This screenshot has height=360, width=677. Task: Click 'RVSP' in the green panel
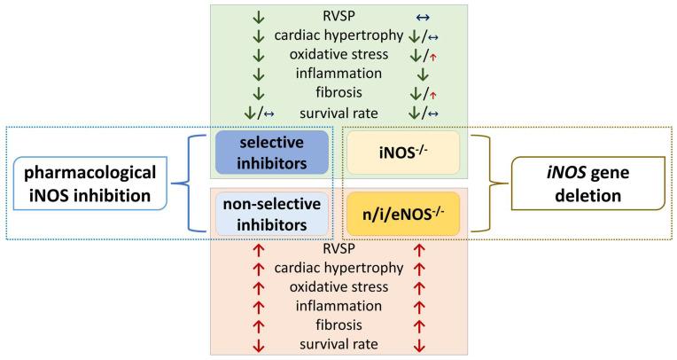[338, 15]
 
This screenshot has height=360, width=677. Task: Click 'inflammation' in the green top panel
[338, 74]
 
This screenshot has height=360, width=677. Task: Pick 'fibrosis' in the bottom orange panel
[338, 324]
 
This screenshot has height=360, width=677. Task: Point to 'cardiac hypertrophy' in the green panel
[338, 35]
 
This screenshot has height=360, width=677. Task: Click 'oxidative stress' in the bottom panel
[338, 286]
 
